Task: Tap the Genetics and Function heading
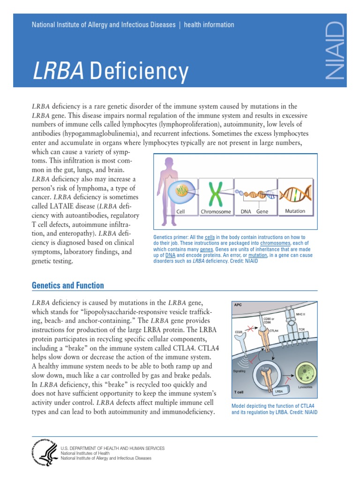click(x=67, y=285)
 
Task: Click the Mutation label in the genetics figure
click(x=295, y=211)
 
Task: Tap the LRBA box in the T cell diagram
click(x=278, y=390)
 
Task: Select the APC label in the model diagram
click(x=238, y=304)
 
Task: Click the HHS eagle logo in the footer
click(x=44, y=453)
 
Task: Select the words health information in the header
click(x=209, y=25)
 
